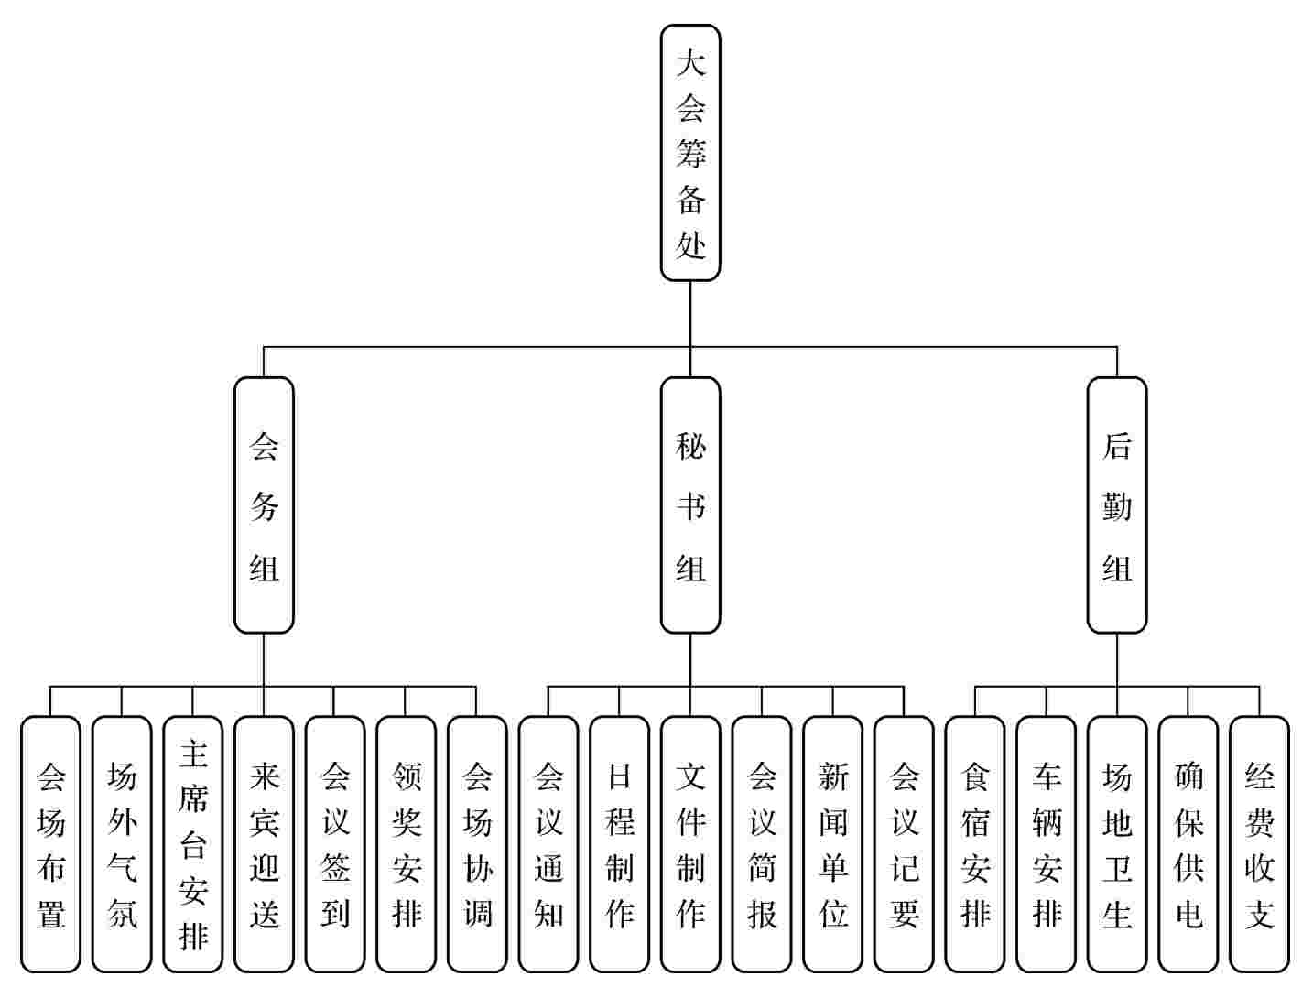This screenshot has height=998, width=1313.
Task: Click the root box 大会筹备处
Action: point(690,153)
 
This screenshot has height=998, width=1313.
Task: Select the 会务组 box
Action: point(264,504)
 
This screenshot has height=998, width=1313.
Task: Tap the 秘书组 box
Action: point(690,504)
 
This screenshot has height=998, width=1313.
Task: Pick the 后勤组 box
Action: point(1117,504)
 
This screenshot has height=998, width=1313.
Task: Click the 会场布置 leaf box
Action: point(50,844)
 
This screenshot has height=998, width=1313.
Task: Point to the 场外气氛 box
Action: point(122,844)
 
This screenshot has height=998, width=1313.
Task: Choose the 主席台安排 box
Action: point(192,844)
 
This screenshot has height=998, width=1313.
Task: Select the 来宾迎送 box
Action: point(264,844)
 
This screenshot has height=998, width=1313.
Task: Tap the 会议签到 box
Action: point(334,844)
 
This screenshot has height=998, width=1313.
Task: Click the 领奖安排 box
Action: point(406,844)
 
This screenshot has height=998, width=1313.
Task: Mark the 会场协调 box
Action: point(477,844)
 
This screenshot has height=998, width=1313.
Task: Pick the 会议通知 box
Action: point(548,844)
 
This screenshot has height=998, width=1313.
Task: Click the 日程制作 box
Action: point(619,844)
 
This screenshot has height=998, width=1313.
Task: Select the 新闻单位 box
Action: point(832,844)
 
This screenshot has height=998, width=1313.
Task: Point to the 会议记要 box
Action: point(903,844)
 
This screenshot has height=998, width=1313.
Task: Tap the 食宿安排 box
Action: point(974,844)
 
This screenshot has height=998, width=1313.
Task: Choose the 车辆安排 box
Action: point(1046,844)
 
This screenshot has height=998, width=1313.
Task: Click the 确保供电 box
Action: point(1188,844)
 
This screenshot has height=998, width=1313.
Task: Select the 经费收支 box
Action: point(1259,844)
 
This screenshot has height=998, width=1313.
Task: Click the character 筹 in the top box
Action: point(691,153)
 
